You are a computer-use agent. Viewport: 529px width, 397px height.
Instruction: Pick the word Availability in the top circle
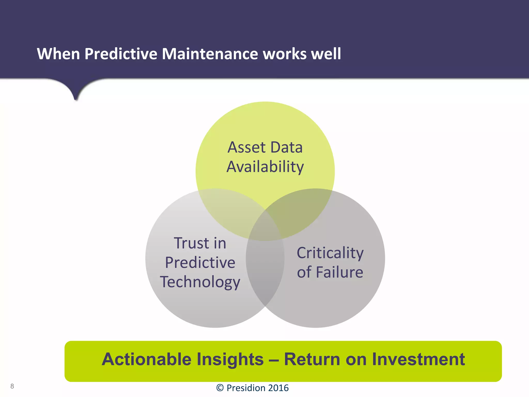pos(265,167)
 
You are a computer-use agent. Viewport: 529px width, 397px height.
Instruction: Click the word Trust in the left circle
pos(191,243)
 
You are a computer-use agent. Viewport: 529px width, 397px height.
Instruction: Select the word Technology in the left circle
pos(200,282)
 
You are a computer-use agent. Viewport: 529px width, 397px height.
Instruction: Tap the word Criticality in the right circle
pos(330,253)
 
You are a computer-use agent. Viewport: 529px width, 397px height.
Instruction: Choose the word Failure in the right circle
pos(339,272)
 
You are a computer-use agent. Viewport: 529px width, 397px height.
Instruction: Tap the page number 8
pos(12,386)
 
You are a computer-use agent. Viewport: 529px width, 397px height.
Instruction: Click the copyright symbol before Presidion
pos(220,388)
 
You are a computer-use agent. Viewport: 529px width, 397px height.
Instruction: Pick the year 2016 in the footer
pos(278,388)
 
